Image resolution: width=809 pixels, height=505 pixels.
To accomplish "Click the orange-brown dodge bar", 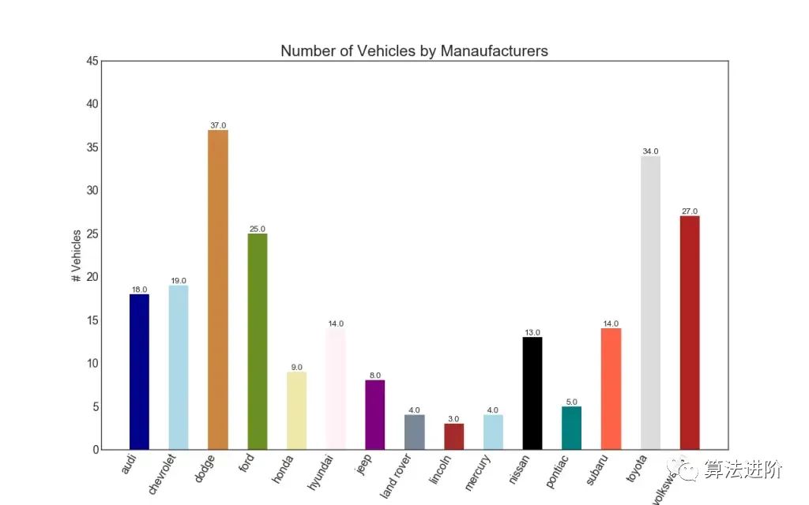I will click(217, 290).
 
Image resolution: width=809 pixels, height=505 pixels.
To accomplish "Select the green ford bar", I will click(257, 341).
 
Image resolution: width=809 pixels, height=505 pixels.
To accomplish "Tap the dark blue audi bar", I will click(139, 371).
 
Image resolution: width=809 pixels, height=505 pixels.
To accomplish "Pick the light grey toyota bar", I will click(650, 302).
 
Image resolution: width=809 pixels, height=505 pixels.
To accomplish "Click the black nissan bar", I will click(532, 393).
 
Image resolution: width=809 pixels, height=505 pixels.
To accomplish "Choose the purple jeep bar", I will click(374, 414).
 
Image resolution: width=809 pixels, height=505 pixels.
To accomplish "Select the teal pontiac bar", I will click(571, 428).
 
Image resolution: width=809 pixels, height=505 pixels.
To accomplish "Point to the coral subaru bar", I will click(611, 388).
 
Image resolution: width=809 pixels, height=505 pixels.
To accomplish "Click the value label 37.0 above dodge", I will click(217, 125).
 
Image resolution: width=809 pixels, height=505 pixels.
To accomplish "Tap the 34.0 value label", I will click(650, 151).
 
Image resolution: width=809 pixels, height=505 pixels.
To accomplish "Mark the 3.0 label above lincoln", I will click(453, 419).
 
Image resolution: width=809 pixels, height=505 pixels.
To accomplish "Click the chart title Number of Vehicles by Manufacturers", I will click(414, 51).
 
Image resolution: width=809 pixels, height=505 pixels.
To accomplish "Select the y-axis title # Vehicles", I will click(77, 256).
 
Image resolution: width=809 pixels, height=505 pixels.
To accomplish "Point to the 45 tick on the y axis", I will click(93, 62).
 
